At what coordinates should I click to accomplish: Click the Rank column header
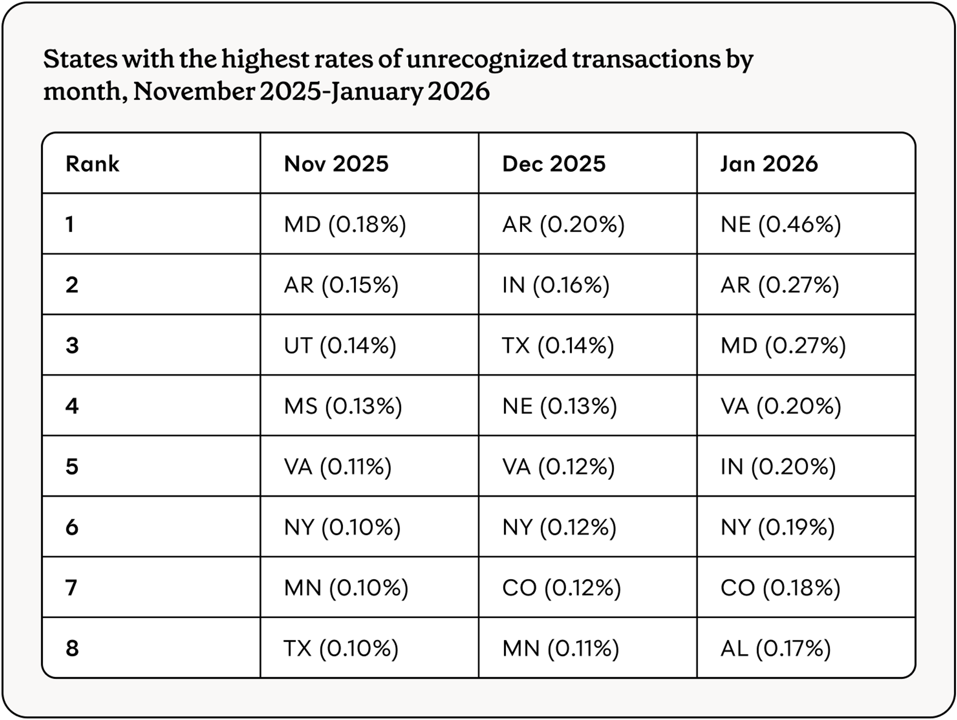(x=92, y=164)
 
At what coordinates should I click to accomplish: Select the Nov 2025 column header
(x=336, y=164)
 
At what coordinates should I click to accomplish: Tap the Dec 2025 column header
(x=554, y=164)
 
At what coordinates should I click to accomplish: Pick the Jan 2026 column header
(x=769, y=164)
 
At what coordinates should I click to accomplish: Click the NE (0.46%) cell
(x=780, y=224)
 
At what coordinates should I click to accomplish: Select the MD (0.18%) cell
(x=345, y=224)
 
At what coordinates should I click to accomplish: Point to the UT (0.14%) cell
(x=340, y=345)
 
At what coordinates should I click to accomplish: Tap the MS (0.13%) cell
(x=343, y=406)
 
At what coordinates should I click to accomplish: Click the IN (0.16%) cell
(x=556, y=285)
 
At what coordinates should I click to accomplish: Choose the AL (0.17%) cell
(x=775, y=648)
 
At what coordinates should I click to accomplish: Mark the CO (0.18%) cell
(x=780, y=587)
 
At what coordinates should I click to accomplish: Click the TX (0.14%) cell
(x=558, y=345)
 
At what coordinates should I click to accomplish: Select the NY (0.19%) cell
(x=778, y=527)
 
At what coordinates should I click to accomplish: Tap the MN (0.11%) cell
(x=560, y=648)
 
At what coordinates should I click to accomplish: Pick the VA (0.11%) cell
(x=337, y=466)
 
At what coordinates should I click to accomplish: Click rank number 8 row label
(x=72, y=648)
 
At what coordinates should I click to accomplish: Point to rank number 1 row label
(x=70, y=224)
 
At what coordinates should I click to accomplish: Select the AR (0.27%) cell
(x=779, y=285)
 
